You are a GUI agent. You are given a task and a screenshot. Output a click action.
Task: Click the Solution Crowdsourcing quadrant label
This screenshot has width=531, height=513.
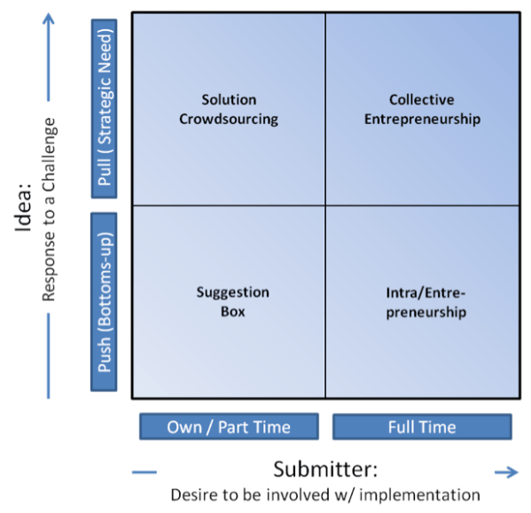[x=228, y=109]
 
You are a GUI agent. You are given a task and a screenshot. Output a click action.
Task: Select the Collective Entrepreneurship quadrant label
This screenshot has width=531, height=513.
[x=422, y=109]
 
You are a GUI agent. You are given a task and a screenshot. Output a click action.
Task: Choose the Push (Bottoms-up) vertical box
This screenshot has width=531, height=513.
[x=104, y=299]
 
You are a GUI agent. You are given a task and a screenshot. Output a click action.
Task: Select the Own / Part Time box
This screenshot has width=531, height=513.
[x=228, y=427]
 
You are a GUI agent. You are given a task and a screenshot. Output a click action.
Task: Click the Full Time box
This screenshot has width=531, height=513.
[x=422, y=427]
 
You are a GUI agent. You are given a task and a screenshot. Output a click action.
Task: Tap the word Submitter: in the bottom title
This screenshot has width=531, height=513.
[x=324, y=469]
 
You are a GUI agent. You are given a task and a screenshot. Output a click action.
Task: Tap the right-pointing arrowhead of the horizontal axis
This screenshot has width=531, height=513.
[x=512, y=473]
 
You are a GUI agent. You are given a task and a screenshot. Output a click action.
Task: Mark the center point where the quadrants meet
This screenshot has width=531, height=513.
[x=325, y=206]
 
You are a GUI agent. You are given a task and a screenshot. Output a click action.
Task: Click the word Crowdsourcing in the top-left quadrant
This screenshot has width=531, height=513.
[x=228, y=118]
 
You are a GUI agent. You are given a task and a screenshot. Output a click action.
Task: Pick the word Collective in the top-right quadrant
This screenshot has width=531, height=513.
[x=422, y=100]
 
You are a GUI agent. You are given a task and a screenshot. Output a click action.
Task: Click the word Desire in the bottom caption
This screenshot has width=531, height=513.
[x=193, y=494]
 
